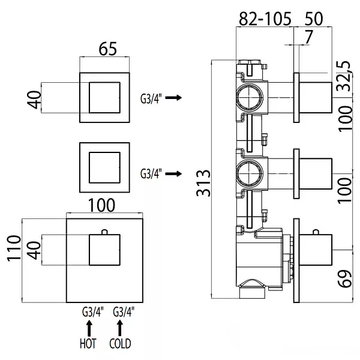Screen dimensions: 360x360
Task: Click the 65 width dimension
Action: pos(107,49)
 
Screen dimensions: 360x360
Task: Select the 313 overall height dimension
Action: pos(203,183)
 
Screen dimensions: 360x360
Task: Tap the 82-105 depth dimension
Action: pos(265,19)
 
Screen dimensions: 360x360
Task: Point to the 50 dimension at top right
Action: pos(314,19)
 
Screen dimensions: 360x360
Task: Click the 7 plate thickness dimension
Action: pos(308,37)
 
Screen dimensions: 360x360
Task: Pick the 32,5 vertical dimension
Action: pos(344,76)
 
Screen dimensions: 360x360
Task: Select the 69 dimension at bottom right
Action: pos(344,278)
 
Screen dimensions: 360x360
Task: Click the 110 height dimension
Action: pos(14,248)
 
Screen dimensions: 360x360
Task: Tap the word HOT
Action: pos(88,343)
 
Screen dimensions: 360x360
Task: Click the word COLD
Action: pos(120,343)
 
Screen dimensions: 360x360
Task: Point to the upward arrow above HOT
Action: pos(89,328)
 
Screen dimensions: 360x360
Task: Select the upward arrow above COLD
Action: pos(119,328)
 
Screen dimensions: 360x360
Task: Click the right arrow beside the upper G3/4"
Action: pos(173,98)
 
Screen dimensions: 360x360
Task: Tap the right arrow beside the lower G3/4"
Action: pos(173,173)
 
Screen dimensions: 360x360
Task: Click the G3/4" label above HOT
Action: pos(93,312)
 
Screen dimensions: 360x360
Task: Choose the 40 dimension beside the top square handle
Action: pos(34,100)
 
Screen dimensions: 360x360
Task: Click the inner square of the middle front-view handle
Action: pos(104,167)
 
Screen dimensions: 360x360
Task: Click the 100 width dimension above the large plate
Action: pos(101,205)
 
